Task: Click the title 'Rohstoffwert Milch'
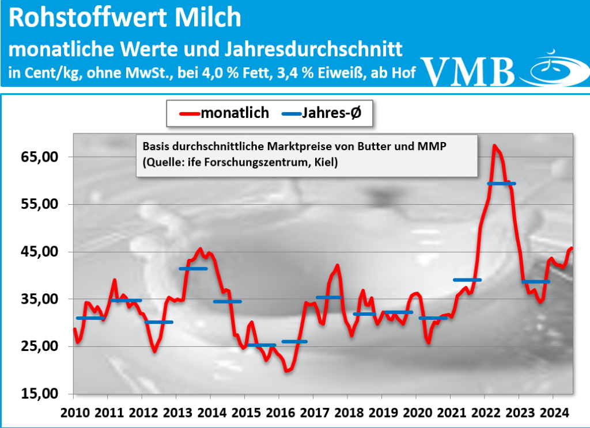coord(125,18)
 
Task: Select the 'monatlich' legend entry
coord(225,113)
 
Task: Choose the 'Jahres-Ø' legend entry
coord(326,113)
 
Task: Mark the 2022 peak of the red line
coord(494,146)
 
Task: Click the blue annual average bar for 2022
coord(501,184)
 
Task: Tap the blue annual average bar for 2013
coord(193,269)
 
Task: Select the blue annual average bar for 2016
coord(294,342)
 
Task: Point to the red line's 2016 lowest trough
coord(288,371)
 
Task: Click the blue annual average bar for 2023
coord(535,282)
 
